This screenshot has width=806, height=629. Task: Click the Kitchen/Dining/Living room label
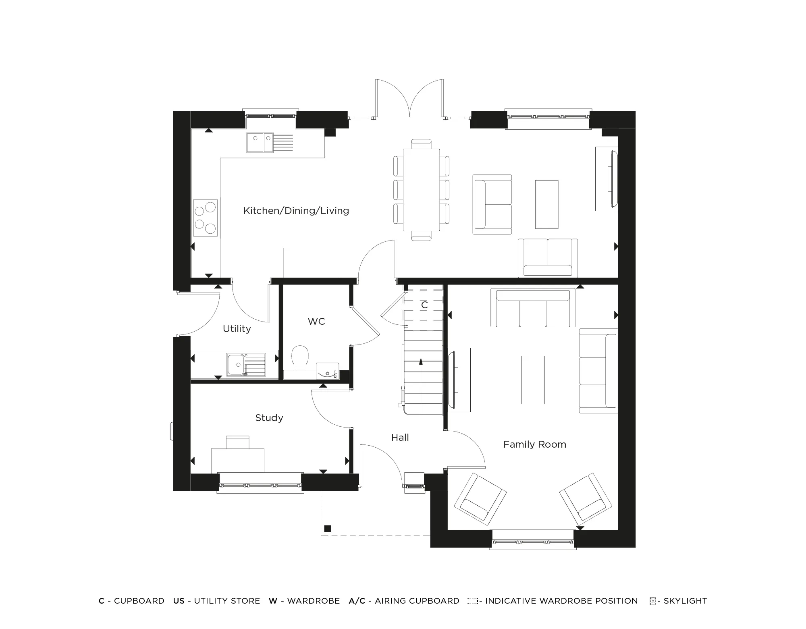pos(296,211)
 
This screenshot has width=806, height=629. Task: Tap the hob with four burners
pos(205,218)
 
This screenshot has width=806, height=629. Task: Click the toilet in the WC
pos(300,357)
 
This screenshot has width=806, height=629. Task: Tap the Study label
pos(269,418)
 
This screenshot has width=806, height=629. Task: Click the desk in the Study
pos(238,459)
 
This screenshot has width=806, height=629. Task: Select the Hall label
pos(400,438)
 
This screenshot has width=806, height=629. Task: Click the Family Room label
pos(534,444)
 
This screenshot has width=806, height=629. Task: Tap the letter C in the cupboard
pos(424,305)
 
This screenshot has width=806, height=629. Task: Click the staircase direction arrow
pos(421,362)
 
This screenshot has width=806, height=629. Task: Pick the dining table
pos(421,189)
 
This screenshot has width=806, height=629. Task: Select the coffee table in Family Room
pos(533,380)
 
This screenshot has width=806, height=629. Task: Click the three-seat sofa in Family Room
pos(533,308)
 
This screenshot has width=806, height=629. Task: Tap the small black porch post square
pos(327,529)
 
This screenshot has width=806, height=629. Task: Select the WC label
pos(316,322)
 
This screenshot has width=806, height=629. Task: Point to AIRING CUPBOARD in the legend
pos(417,601)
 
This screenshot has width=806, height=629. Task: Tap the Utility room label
pos(237,329)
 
